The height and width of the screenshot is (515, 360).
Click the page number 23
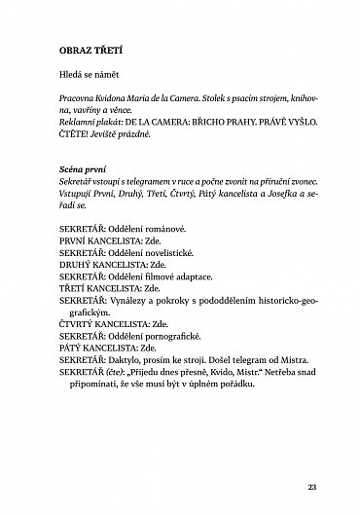click(x=312, y=460)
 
